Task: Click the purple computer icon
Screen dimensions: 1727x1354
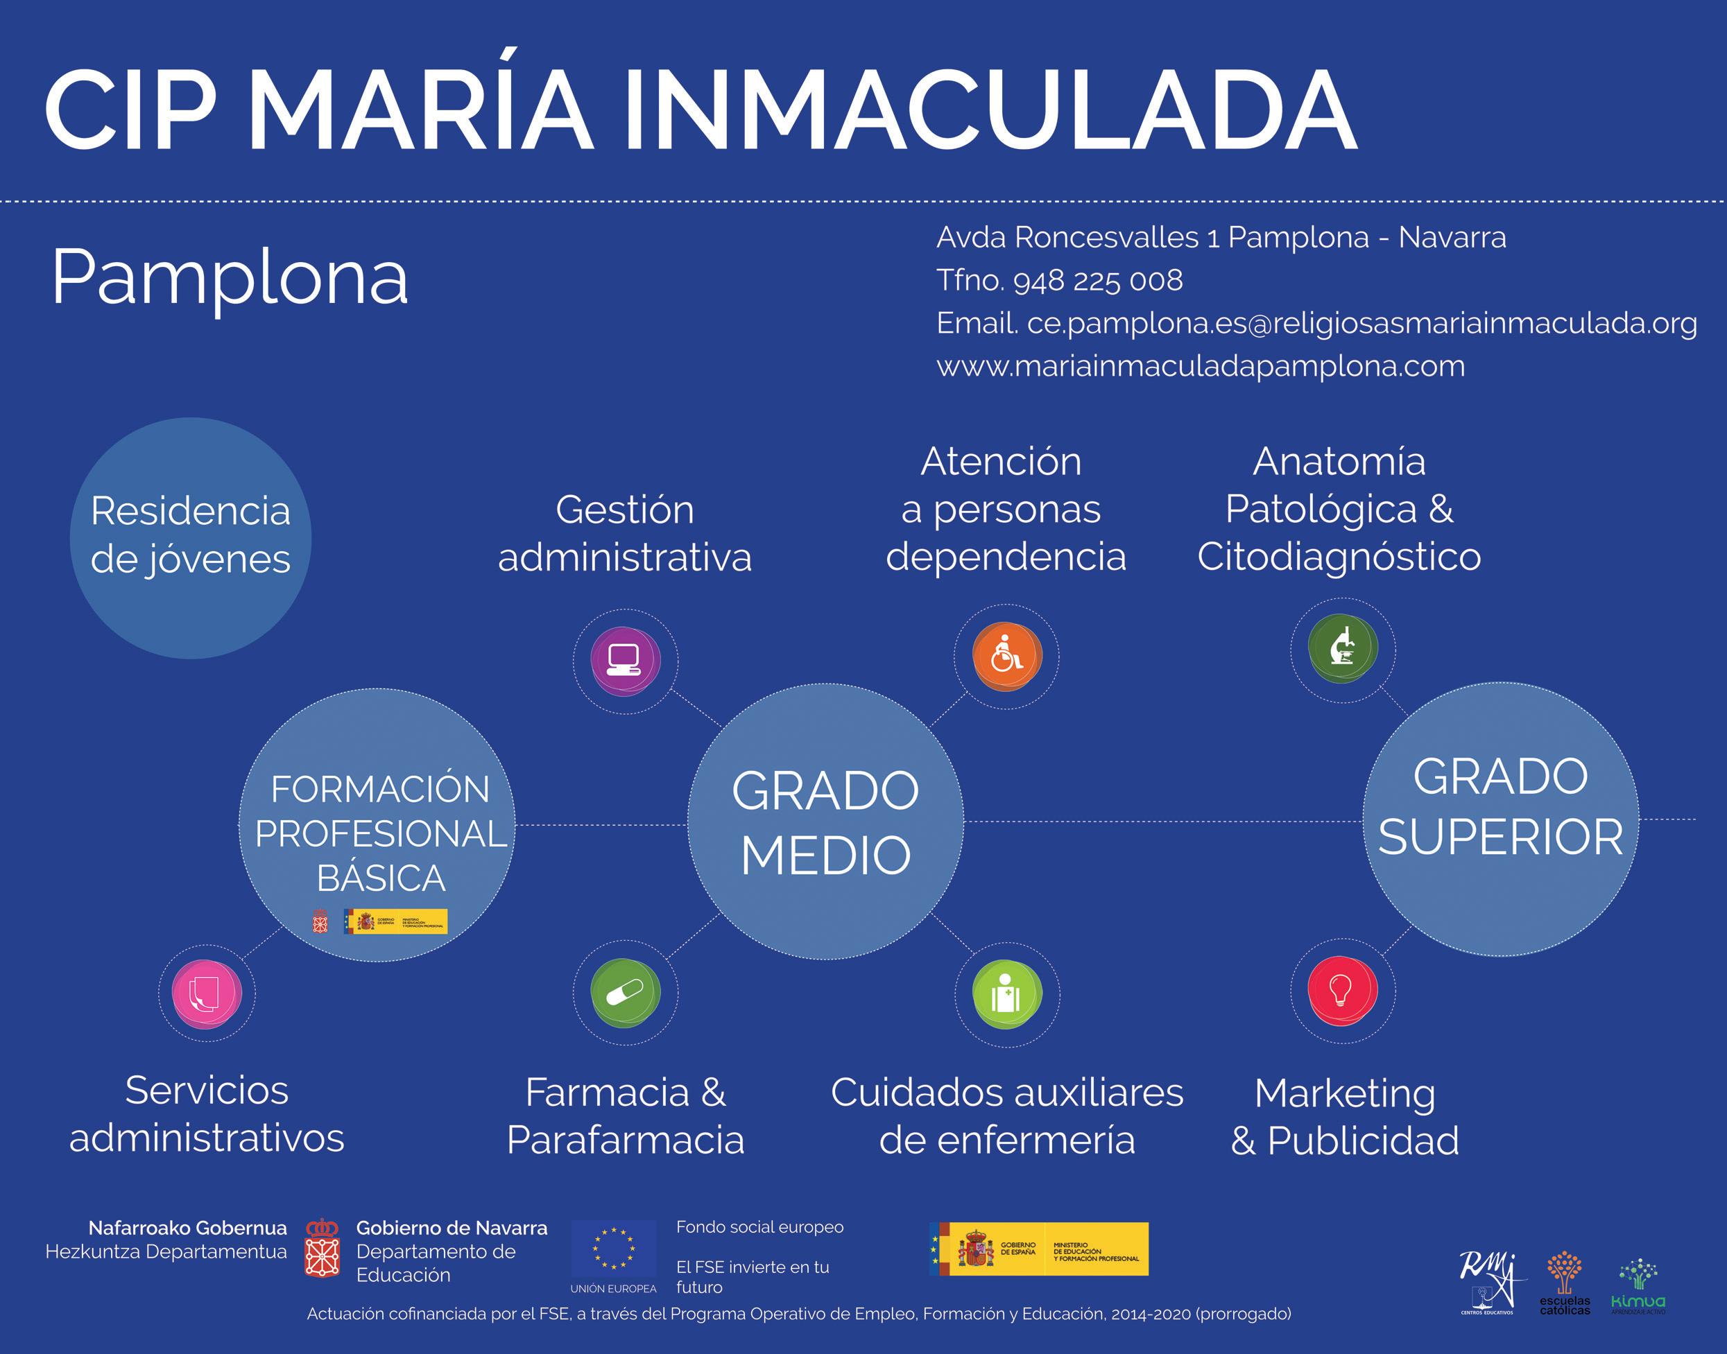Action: [626, 660]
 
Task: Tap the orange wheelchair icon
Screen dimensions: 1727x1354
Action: [1006, 657]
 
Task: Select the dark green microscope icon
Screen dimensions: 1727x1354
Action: [1343, 648]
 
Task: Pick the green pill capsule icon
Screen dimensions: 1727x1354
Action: [626, 991]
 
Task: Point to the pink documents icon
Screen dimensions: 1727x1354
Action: [206, 993]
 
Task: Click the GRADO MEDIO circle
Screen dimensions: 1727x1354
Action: [825, 822]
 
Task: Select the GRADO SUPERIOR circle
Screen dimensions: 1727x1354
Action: [1500, 819]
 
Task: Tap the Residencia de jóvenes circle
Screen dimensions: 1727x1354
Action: [190, 537]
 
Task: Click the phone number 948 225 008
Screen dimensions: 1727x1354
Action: [1097, 281]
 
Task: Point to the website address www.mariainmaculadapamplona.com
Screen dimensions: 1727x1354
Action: [1201, 366]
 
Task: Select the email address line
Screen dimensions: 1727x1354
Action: [1316, 324]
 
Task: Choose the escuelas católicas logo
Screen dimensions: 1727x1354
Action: [1565, 1284]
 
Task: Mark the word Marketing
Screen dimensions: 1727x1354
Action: [1345, 1094]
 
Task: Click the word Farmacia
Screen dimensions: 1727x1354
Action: [608, 1093]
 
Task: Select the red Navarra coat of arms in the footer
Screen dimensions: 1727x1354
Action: [322, 1249]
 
